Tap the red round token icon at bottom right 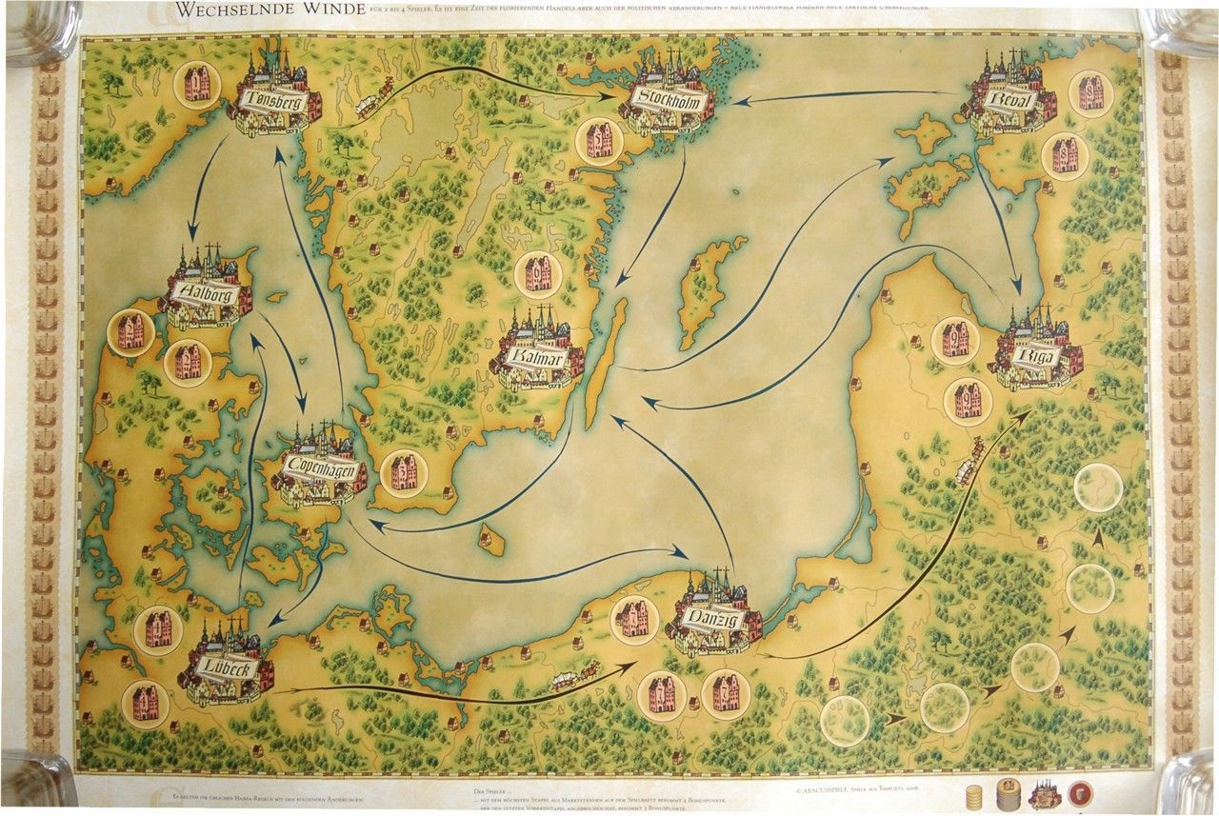[1081, 794]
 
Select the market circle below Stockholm [600, 142]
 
